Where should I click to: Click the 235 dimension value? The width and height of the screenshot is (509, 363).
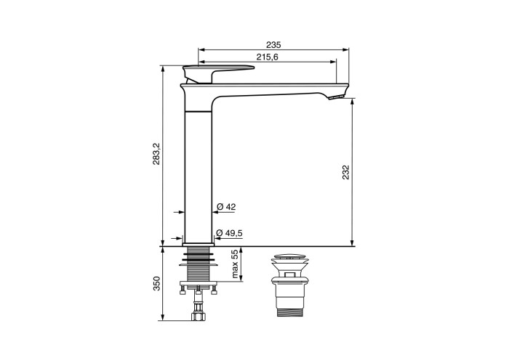[x=273, y=44]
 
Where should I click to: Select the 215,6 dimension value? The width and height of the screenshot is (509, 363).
[x=267, y=57]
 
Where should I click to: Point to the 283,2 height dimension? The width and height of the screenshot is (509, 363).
[x=156, y=153]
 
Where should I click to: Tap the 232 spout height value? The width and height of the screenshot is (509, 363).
[x=345, y=172]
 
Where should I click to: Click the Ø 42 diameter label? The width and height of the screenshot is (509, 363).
[x=226, y=207]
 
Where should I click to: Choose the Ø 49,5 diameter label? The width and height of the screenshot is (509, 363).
[x=230, y=233]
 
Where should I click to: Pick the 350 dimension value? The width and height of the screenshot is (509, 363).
[x=156, y=283]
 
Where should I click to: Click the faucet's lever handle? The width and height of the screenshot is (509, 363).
[x=218, y=73]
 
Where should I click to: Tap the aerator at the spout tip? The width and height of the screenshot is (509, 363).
[x=336, y=97]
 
